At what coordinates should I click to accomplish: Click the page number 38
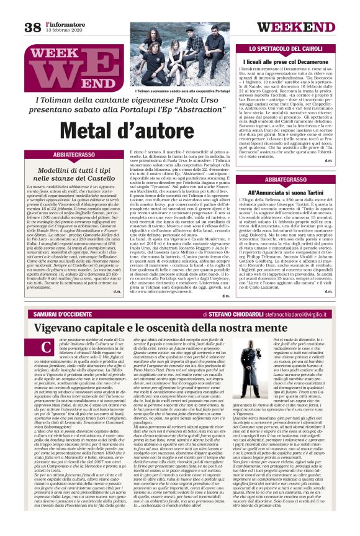pyautogui.click(x=32, y=27)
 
